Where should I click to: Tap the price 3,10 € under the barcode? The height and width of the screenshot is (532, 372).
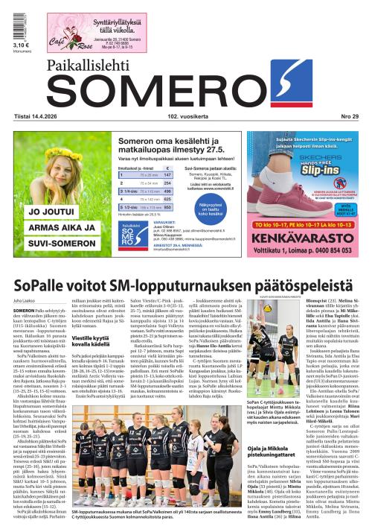(x=21, y=45)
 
